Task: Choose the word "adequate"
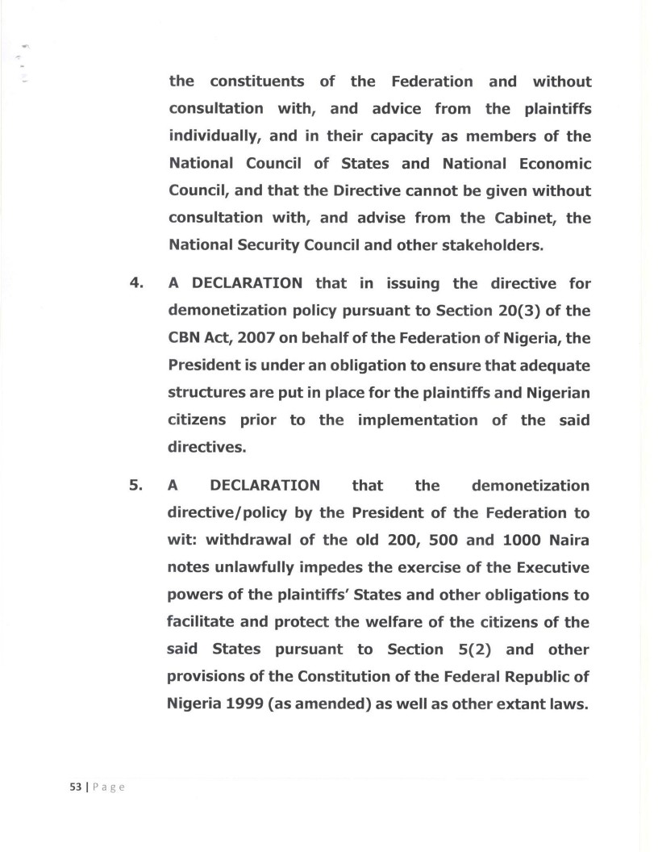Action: point(551,364)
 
